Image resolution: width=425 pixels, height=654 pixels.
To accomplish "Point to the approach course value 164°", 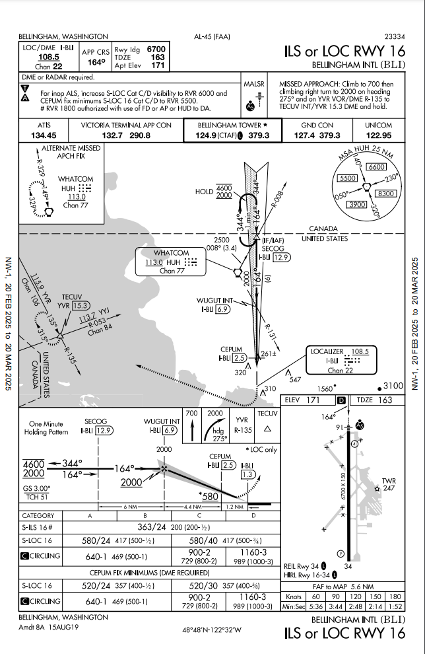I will click(x=96, y=63).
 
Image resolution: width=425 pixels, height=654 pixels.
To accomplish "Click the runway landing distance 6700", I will click(x=156, y=49).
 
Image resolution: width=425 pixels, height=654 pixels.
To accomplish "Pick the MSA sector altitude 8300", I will click(x=384, y=193).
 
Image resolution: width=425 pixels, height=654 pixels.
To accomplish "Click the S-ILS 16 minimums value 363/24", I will click(x=152, y=528).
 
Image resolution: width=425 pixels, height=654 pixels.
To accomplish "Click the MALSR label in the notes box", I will click(x=253, y=84).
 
